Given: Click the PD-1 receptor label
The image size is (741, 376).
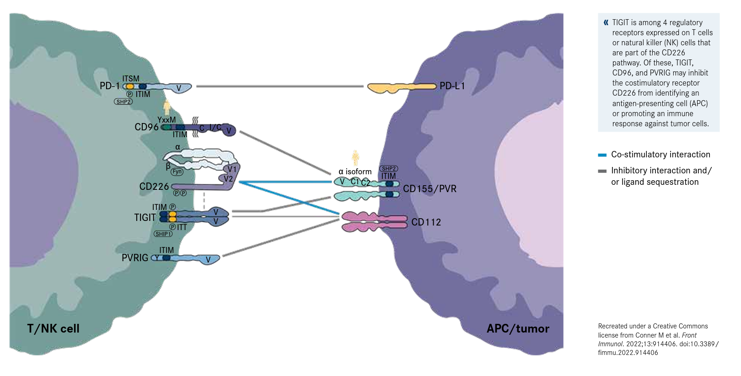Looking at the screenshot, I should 109,86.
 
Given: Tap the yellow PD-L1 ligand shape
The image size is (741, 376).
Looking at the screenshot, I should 401,87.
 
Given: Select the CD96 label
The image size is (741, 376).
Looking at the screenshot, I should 146,127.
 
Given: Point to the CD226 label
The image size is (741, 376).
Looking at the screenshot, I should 154,187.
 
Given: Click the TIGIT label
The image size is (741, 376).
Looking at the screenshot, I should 145,218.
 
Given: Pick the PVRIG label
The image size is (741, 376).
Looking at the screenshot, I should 135,258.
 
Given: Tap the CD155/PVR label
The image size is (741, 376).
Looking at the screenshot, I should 430,189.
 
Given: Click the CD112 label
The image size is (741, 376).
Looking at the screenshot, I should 426,222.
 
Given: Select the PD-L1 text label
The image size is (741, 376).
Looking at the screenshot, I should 452,86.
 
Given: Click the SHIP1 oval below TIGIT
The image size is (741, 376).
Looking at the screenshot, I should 163,234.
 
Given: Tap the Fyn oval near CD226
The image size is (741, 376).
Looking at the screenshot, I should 177,172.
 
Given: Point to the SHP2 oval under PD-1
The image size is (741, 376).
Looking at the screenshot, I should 123,102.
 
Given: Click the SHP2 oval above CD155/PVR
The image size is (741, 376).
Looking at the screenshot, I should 388,169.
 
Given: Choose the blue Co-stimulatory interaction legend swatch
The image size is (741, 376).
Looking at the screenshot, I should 602,155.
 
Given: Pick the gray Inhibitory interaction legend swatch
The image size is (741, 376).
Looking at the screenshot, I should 602,171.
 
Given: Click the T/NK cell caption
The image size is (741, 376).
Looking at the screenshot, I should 53,328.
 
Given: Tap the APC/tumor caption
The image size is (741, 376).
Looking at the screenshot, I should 518,328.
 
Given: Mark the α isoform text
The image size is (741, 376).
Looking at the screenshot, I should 355,172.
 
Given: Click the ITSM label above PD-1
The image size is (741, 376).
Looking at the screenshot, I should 131,79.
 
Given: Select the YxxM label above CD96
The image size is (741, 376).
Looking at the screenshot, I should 166,120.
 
